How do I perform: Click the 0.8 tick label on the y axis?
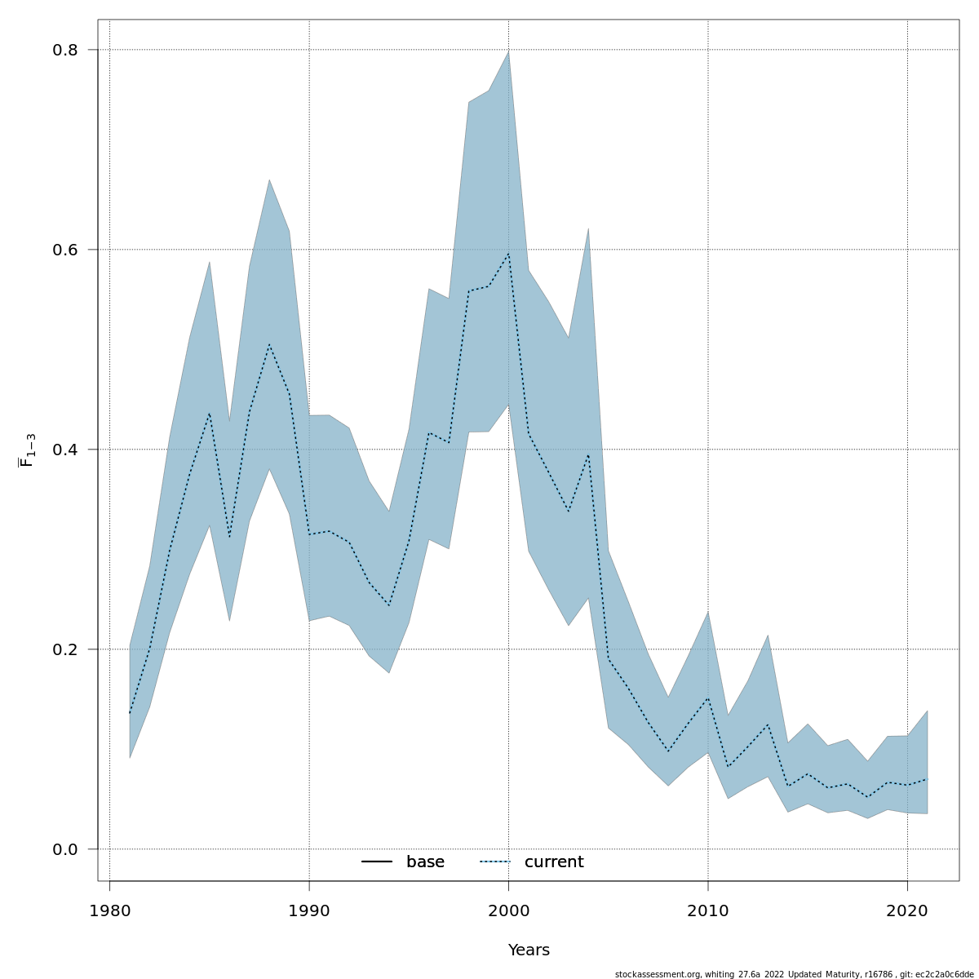click(64, 50)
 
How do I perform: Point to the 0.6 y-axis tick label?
click(64, 250)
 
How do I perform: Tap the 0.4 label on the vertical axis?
click(64, 450)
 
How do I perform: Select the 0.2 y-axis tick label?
click(64, 649)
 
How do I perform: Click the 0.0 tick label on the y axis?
click(64, 849)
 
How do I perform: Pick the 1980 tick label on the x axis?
click(109, 910)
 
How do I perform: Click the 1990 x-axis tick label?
click(309, 910)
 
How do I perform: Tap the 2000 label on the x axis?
click(508, 910)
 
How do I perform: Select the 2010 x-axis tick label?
click(708, 910)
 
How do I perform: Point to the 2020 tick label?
click(907, 910)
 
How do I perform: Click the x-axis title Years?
click(529, 950)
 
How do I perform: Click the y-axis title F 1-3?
click(27, 450)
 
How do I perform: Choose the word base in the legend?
click(425, 862)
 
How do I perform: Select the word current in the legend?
click(554, 862)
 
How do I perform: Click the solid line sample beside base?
click(377, 862)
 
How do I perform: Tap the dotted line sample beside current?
click(494, 862)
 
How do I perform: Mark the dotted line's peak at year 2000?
click(508, 254)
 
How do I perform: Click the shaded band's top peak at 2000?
click(508, 51)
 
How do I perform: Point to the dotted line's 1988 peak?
click(269, 344)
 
